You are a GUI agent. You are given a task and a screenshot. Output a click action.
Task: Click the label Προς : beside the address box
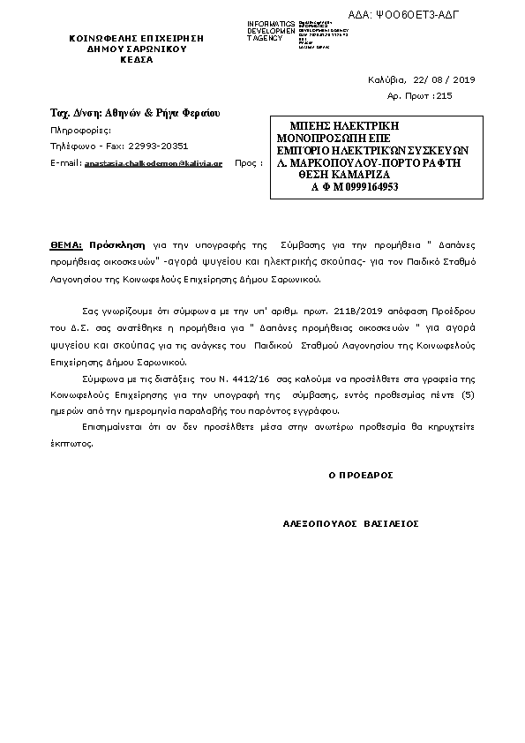tap(250, 163)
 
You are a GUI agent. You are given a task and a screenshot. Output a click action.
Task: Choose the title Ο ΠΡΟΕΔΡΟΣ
tap(360, 475)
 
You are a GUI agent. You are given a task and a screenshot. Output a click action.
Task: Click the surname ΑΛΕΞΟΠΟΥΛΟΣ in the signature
tap(319, 523)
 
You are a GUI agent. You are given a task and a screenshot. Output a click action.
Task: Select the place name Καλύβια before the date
tap(385, 80)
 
